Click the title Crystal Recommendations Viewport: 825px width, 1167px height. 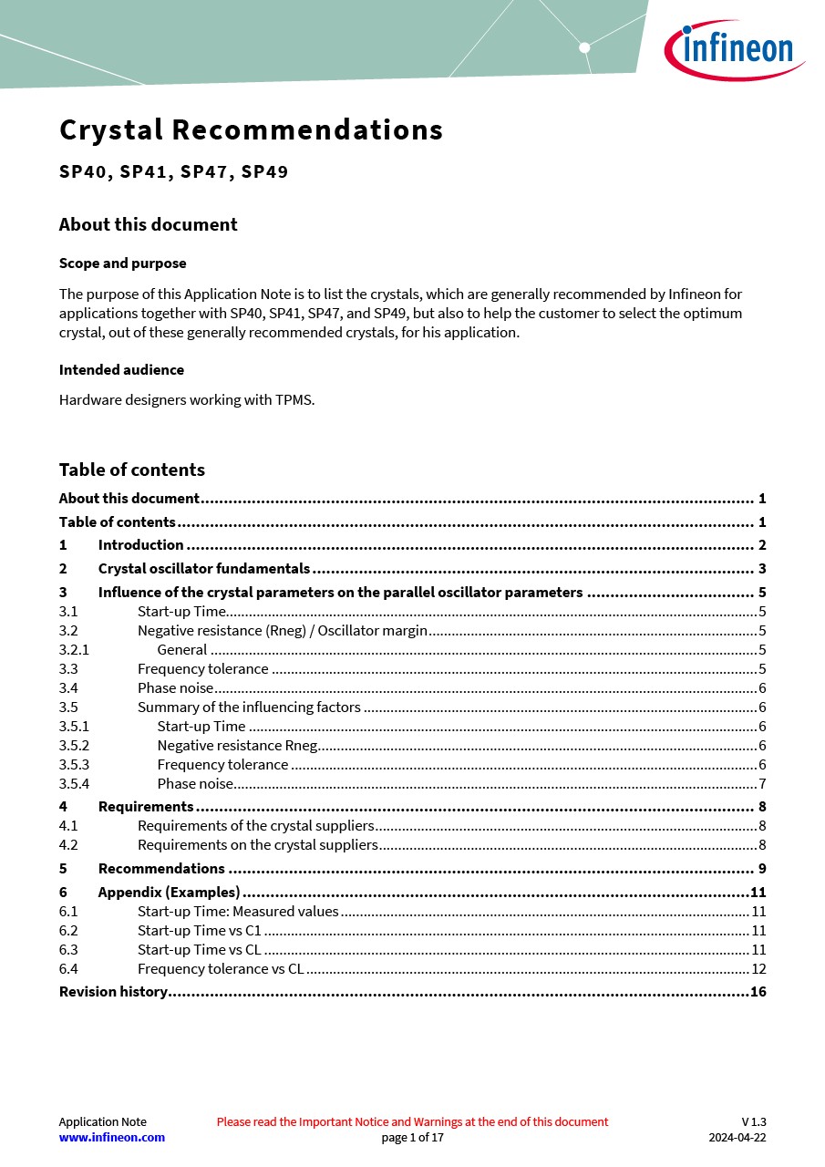[251, 130]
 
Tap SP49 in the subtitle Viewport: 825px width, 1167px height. [264, 171]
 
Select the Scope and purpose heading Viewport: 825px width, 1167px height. [122, 263]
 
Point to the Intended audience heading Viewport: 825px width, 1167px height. [121, 370]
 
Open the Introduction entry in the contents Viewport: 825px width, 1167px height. [140, 545]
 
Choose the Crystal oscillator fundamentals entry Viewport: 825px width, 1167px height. [203, 569]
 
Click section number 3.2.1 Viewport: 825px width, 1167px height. [74, 650]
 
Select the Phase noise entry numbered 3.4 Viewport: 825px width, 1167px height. [175, 688]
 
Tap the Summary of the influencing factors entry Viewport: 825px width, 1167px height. [249, 707]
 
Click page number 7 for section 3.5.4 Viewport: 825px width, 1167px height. [761, 784]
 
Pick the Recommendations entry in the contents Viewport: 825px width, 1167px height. [161, 869]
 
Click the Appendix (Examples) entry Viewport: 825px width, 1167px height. [169, 893]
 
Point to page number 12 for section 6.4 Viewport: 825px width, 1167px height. [758, 969]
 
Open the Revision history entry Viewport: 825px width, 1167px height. [113, 992]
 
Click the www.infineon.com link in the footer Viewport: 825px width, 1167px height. [112, 1138]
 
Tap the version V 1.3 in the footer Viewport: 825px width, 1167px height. [753, 1122]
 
